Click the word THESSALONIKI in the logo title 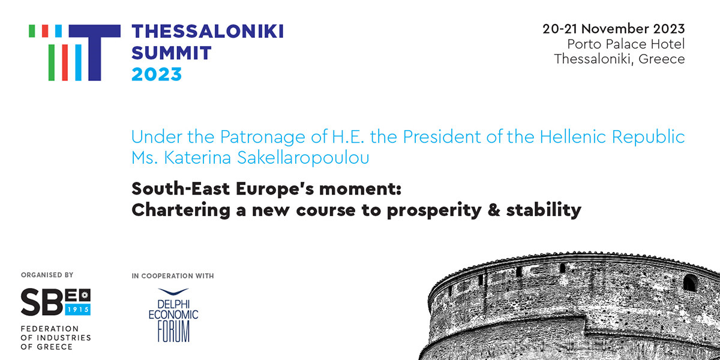(208, 31)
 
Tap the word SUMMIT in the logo (172, 53)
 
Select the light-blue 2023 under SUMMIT (157, 74)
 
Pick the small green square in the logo (32, 31)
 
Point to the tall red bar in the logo (65, 62)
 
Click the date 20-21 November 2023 (614, 29)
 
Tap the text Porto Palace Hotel (626, 44)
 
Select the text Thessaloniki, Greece (619, 59)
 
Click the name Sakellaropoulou (303, 158)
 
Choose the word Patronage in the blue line (263, 137)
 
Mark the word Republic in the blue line (648, 137)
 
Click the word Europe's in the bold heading (275, 188)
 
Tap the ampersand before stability (494, 210)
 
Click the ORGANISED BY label (47, 275)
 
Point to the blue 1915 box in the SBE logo (78, 310)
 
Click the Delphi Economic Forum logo (173, 315)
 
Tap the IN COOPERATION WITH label (173, 276)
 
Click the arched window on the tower (690, 283)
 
